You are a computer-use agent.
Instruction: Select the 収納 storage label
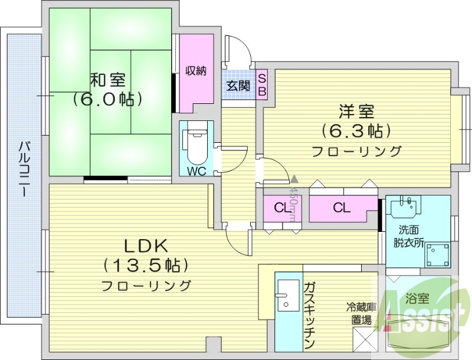(196, 71)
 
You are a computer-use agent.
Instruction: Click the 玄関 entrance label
(238, 85)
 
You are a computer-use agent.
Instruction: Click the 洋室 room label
(356, 110)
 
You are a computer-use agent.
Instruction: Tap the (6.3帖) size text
(356, 130)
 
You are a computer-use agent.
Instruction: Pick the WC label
(196, 171)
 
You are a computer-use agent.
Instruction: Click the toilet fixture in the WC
(196, 145)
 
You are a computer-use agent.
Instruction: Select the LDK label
(146, 244)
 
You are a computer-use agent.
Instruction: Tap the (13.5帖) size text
(146, 264)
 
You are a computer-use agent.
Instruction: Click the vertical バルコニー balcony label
(24, 171)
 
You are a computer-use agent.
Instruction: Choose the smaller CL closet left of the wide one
(283, 207)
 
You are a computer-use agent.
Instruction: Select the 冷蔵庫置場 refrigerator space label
(360, 312)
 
